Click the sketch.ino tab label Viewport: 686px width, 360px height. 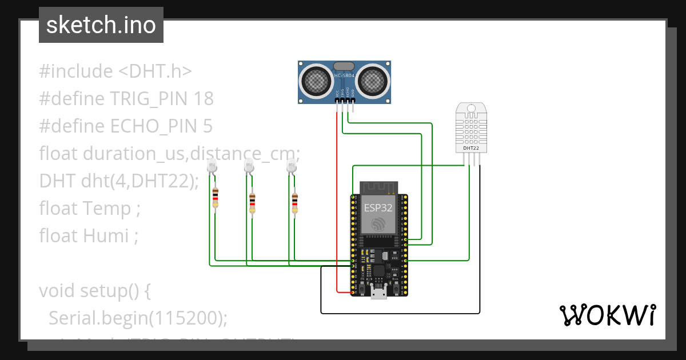[101, 25]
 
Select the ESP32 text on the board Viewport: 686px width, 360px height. [378, 208]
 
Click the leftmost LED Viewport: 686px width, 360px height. [212, 166]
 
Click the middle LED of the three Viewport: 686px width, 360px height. [249, 166]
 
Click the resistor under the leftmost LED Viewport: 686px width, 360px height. [215, 198]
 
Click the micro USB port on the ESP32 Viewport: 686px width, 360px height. [378, 294]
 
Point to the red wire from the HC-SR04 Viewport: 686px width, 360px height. [337, 200]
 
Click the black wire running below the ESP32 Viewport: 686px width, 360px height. [400, 313]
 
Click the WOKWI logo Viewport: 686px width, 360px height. [607, 315]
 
